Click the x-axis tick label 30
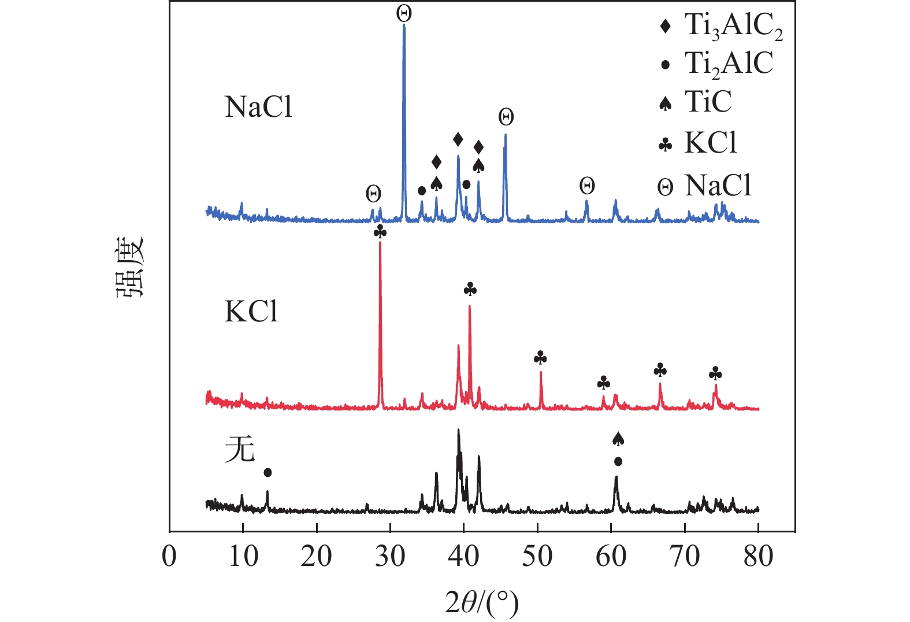[390, 556]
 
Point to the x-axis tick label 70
[685, 556]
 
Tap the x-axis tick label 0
[169, 556]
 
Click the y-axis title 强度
[129, 267]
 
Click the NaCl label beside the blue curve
[258, 107]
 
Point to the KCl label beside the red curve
[251, 312]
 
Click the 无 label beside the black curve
[239, 449]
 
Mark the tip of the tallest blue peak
[404, 25]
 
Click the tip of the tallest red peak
[380, 242]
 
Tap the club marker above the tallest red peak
[380, 232]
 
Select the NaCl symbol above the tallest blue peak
[404, 13]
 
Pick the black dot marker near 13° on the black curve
[268, 472]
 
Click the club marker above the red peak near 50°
[540, 358]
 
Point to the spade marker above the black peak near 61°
[618, 439]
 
